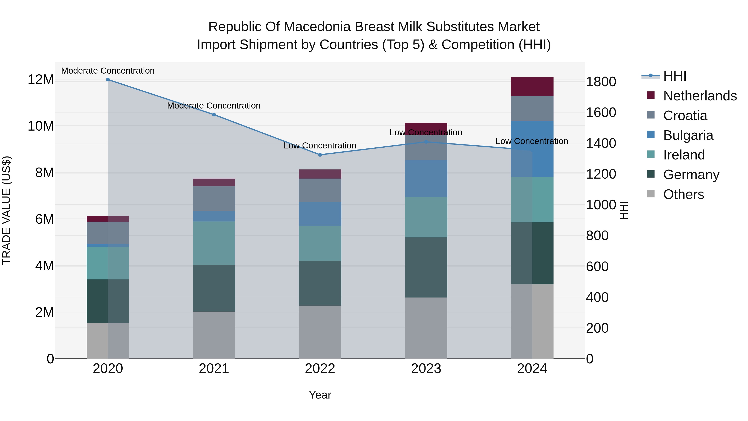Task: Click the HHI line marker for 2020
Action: pyautogui.click(x=108, y=80)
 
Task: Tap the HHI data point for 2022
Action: pyautogui.click(x=320, y=155)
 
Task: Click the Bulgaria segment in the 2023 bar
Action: pyautogui.click(x=426, y=178)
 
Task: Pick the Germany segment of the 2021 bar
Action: pyautogui.click(x=214, y=288)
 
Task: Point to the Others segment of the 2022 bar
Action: pyautogui.click(x=320, y=332)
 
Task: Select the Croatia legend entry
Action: pyautogui.click(x=685, y=116)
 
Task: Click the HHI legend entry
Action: pyautogui.click(x=674, y=76)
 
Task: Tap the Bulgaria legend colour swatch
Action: pyautogui.click(x=651, y=135)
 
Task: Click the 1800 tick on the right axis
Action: pyautogui.click(x=601, y=82)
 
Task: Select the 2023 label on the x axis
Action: pyautogui.click(x=426, y=369)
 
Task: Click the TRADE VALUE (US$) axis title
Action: pyautogui.click(x=6, y=210)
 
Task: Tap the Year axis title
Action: pyautogui.click(x=320, y=395)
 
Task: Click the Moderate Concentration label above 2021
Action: pyautogui.click(x=214, y=106)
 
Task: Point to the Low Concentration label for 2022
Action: pyautogui.click(x=320, y=146)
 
